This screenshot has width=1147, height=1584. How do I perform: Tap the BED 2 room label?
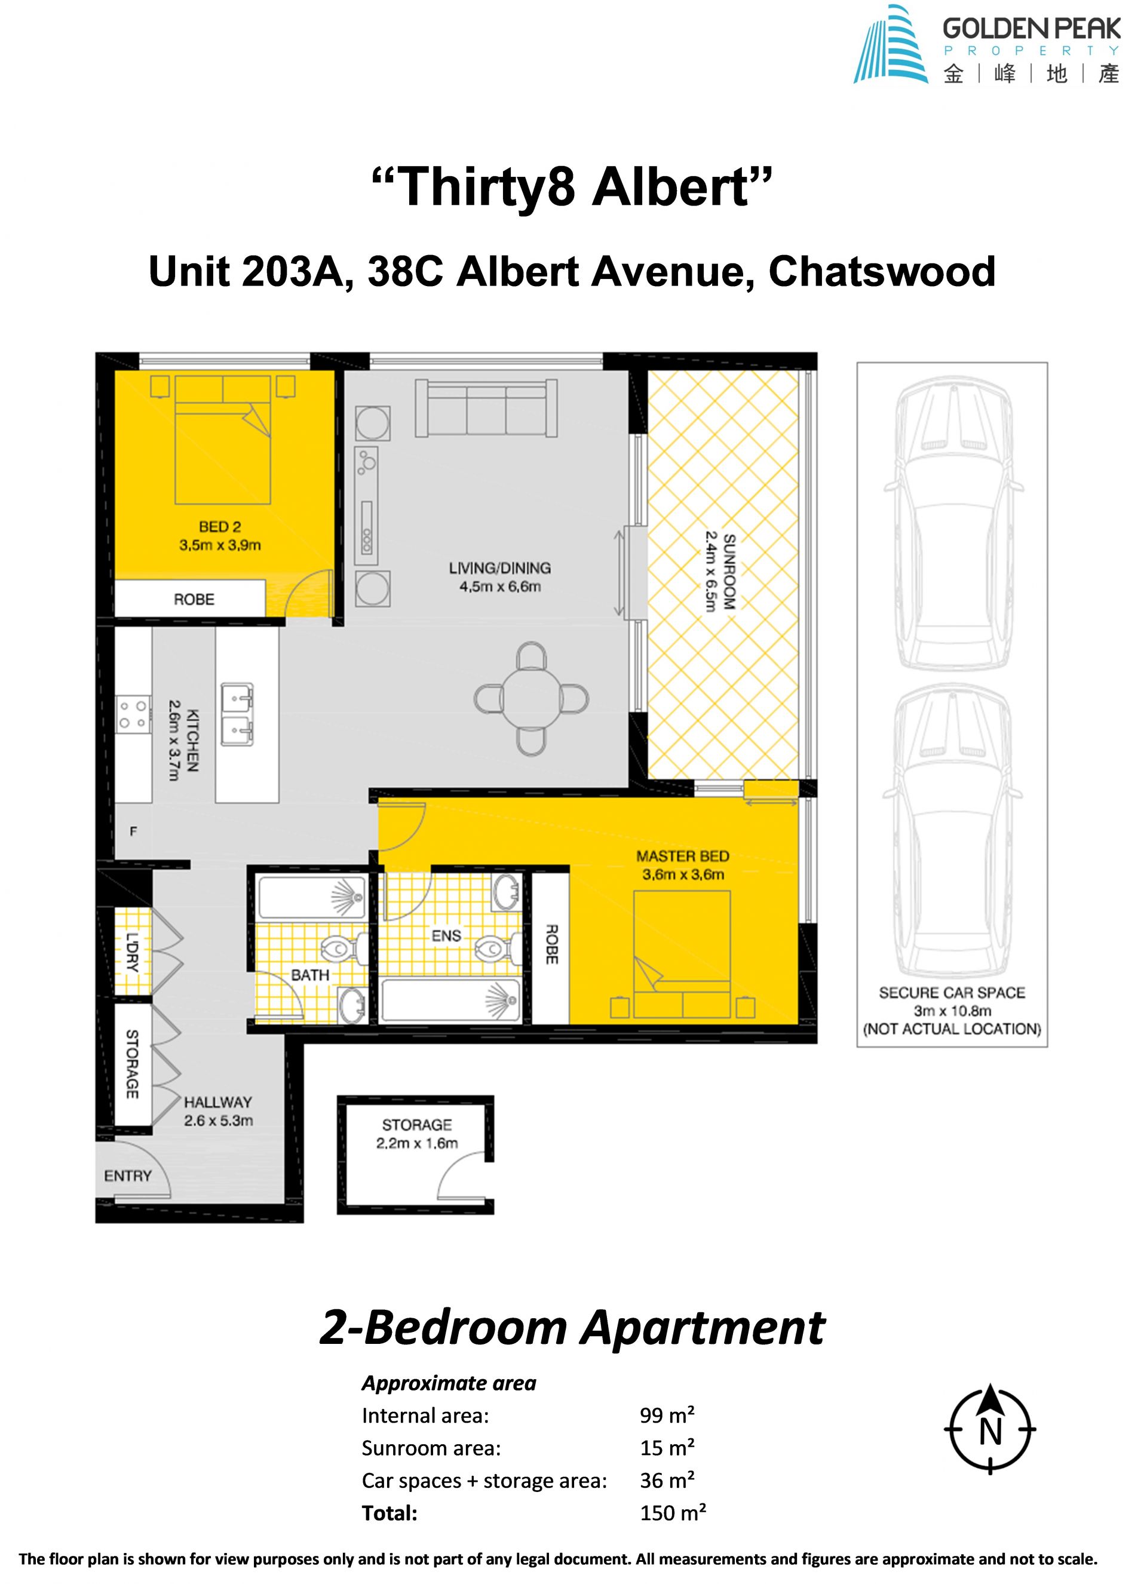point(220,527)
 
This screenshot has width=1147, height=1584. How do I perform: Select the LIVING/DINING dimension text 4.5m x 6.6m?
point(499,587)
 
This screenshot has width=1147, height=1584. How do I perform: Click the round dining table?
point(532,698)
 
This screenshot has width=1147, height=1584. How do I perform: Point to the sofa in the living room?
point(486,408)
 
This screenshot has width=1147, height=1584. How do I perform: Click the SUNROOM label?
point(729,572)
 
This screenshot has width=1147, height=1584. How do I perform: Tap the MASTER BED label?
point(682,857)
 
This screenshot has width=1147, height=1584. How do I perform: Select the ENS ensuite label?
point(446,936)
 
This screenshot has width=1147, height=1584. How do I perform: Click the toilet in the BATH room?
point(344,948)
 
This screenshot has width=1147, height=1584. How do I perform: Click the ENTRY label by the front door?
point(128,1176)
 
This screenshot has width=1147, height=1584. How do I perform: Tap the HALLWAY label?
point(218,1102)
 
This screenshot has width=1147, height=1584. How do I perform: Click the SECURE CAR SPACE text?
point(952,993)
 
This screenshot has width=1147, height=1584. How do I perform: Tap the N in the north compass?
point(990,1432)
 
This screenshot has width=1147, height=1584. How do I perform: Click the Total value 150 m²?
point(673,1514)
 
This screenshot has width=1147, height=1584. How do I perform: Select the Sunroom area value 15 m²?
point(667,1448)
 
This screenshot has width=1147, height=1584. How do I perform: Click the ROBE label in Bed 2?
point(194,599)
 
